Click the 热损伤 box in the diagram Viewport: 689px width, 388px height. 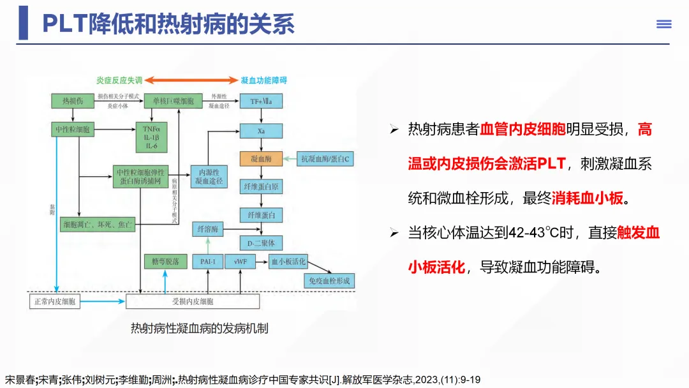(71, 101)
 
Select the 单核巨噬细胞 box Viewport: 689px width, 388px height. (169, 101)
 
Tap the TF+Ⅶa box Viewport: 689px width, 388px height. (261, 101)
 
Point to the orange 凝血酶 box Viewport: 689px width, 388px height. (261, 158)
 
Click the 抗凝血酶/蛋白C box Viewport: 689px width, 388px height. (326, 158)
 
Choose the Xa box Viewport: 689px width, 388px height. (261, 131)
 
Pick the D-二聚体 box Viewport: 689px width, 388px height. (261, 243)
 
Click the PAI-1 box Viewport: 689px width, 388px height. (207, 262)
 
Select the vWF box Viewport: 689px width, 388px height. (241, 262)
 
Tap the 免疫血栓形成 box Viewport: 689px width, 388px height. (330, 281)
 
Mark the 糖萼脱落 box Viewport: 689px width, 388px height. (165, 262)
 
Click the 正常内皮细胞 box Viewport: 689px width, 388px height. (55, 302)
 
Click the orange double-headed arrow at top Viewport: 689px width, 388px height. (192, 80)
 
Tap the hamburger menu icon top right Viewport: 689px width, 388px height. (664, 24)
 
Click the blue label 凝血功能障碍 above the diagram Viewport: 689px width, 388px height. (264, 80)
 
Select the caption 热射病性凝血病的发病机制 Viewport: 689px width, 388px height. (199, 329)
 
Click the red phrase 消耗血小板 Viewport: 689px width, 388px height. (587, 198)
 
